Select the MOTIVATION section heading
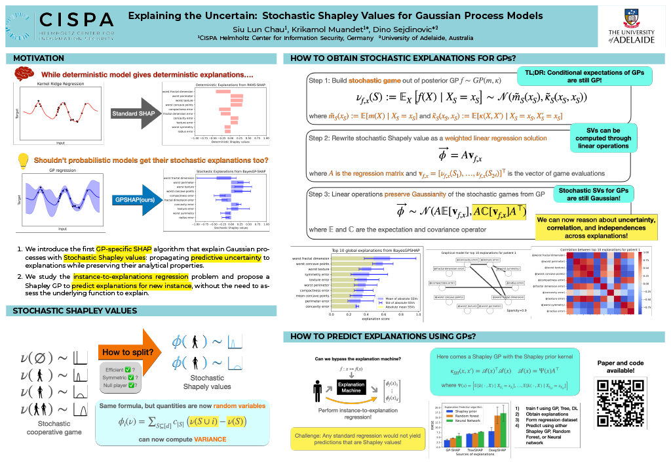pos(39,58)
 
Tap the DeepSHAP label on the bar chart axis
pos(496,450)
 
